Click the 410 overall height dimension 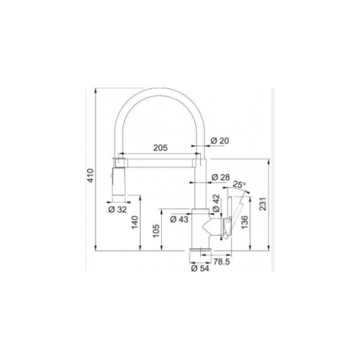click(91, 176)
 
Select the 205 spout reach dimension click(160, 148)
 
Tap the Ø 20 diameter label click(220, 140)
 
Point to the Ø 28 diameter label click(220, 177)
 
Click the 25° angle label click(239, 184)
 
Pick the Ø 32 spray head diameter click(117, 209)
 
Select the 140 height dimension click(135, 222)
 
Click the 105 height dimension click(156, 231)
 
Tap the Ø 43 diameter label click(179, 219)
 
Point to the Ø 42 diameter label click(216, 203)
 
